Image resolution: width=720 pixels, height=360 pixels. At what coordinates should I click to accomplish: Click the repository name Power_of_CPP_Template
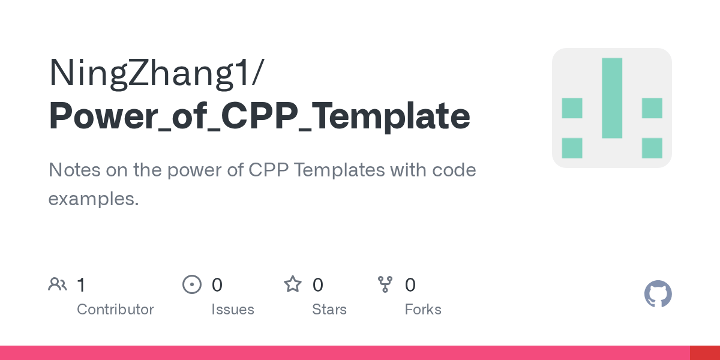tap(259, 116)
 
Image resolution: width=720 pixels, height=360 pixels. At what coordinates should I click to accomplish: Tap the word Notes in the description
tap(74, 170)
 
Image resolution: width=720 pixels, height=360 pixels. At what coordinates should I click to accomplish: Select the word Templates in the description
tap(339, 170)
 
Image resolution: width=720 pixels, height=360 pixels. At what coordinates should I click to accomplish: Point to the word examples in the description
tap(93, 199)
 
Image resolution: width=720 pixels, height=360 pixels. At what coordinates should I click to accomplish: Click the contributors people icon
tap(58, 284)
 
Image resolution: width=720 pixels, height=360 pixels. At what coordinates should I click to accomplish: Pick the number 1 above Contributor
tap(81, 285)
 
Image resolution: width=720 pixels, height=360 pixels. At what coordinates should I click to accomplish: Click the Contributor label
tap(115, 310)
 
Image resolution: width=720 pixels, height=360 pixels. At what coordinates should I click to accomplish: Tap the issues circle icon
tap(192, 284)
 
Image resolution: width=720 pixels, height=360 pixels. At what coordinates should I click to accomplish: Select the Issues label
tap(233, 310)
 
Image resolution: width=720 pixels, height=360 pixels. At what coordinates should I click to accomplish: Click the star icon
tap(293, 284)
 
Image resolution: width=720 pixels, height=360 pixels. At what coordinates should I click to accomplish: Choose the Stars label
tap(329, 310)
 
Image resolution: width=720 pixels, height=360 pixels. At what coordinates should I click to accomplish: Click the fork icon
tap(385, 284)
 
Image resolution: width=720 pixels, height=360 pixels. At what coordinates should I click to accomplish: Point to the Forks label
tap(423, 310)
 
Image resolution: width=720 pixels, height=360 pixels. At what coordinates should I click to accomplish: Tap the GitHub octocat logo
tap(658, 294)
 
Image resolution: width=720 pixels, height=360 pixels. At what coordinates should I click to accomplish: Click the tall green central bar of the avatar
tap(612, 98)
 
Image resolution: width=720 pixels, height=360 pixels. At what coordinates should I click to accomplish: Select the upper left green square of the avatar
tap(572, 108)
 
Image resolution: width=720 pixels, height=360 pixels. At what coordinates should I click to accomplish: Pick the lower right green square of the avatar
tap(652, 148)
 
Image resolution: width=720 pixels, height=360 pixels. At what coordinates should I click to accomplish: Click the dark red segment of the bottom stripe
tap(705, 353)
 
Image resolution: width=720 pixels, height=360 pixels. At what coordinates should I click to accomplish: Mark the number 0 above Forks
tap(410, 285)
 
